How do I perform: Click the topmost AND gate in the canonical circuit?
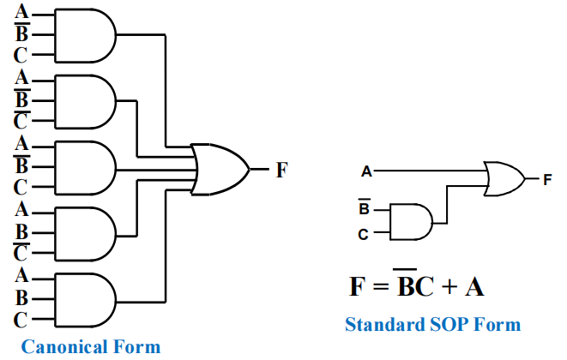coord(84,35)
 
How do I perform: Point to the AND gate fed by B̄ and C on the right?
coord(409,221)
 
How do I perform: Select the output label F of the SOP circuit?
coord(547,179)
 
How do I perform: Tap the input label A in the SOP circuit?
coord(367,172)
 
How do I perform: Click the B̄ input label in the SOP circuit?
coord(365,209)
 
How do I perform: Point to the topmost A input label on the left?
coord(22,12)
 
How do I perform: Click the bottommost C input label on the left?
coord(22,321)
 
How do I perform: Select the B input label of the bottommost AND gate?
coord(22,298)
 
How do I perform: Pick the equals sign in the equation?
coord(378,286)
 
